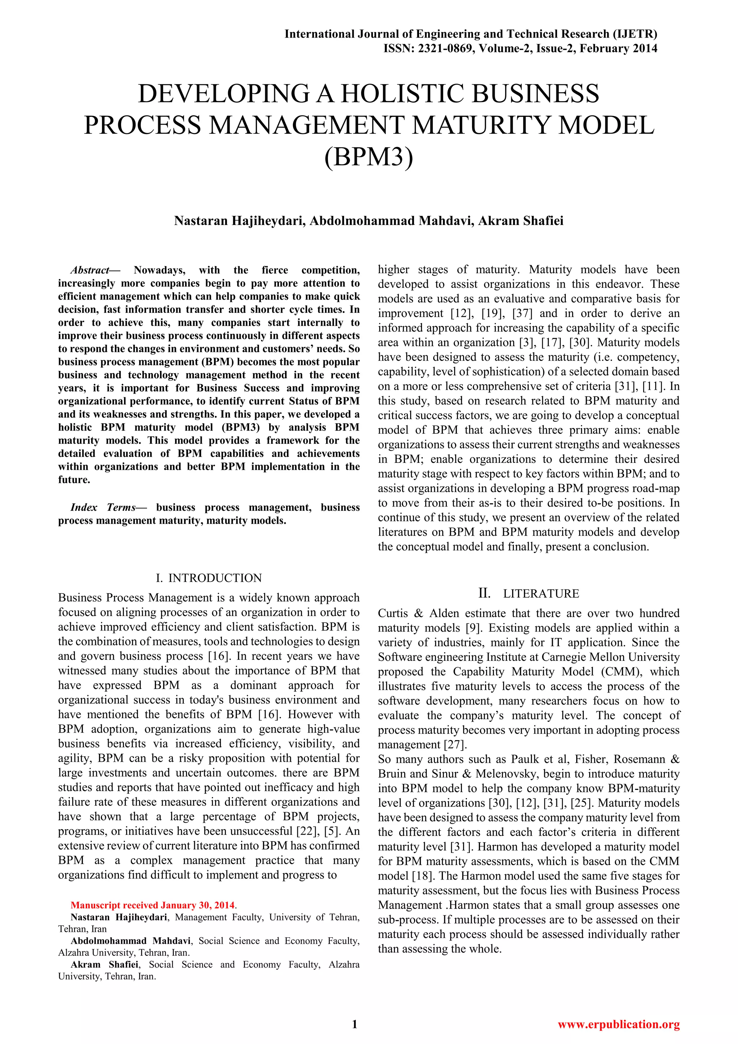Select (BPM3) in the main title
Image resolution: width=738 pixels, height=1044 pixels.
click(369, 157)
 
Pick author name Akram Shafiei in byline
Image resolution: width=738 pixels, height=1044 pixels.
click(520, 221)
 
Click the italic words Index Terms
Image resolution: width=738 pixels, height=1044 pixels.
click(103, 508)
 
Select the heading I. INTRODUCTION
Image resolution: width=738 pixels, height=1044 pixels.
click(209, 578)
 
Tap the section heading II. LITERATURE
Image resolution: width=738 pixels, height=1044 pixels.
click(529, 593)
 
